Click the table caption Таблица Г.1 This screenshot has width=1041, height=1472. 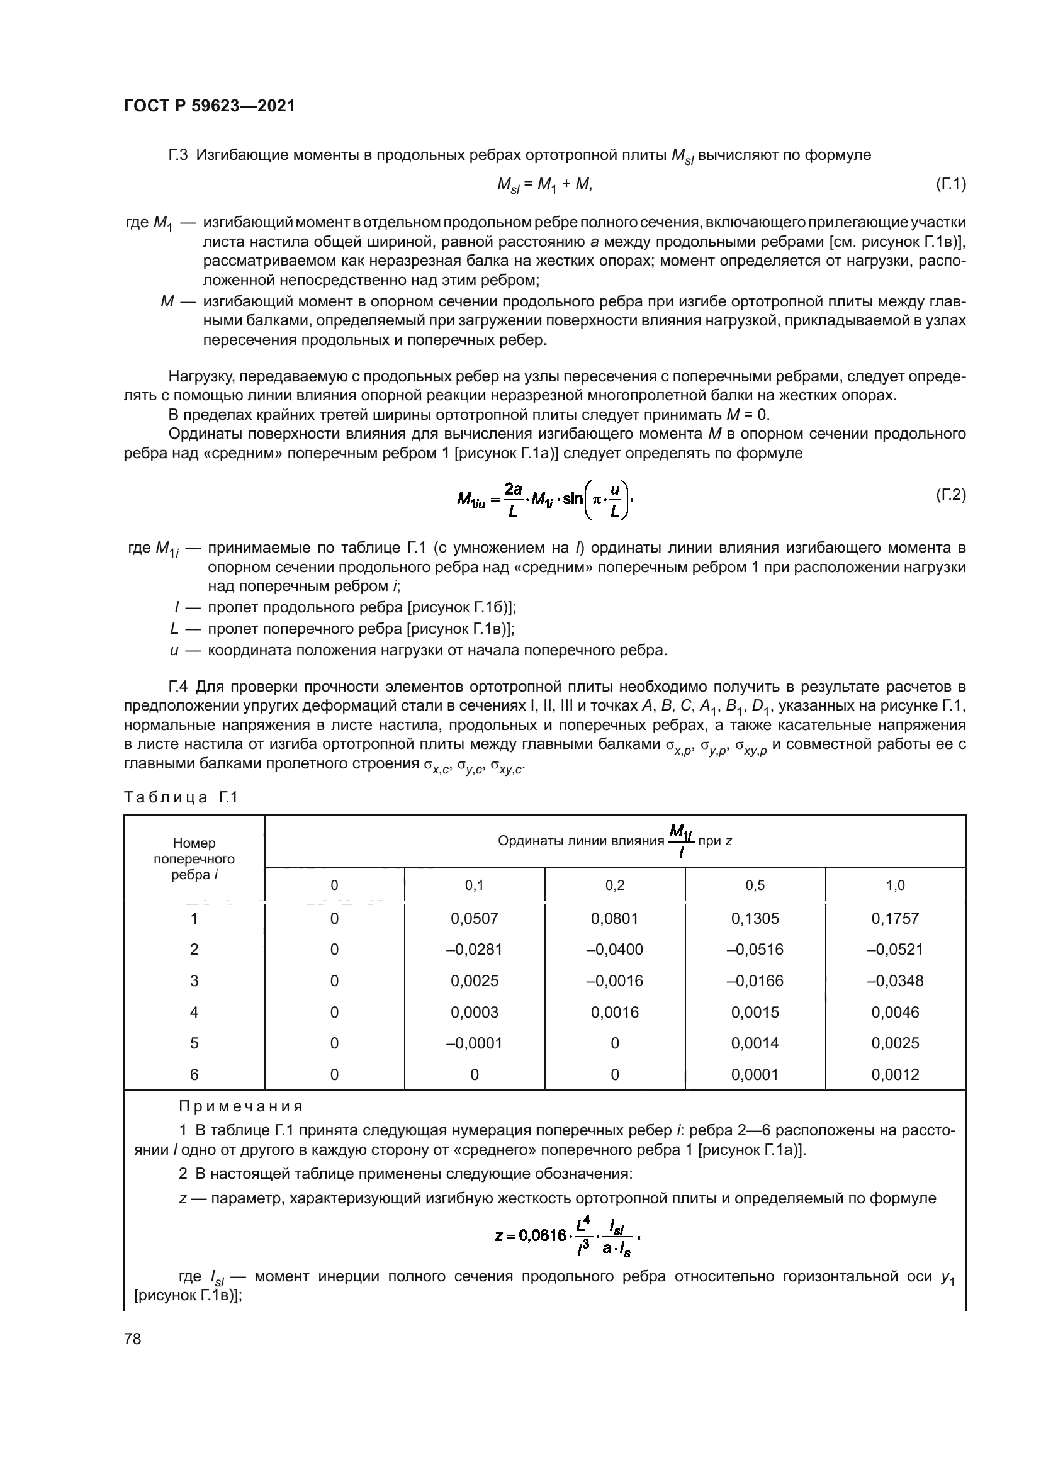click(181, 797)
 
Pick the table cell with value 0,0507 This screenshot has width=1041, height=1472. click(475, 919)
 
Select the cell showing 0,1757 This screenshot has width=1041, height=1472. click(895, 919)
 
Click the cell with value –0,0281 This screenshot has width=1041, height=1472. click(475, 950)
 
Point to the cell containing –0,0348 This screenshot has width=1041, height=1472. click(895, 981)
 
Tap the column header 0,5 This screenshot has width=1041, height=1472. click(755, 885)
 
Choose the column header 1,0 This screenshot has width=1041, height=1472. click(895, 885)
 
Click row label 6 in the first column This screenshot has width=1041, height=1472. click(194, 1074)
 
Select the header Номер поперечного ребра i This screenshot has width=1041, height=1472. click(194, 858)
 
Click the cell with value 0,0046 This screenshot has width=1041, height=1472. click(895, 1013)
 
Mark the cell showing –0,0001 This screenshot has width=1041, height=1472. click(475, 1043)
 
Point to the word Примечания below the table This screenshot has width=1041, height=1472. click(240, 1106)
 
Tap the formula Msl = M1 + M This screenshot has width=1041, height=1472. click(544, 184)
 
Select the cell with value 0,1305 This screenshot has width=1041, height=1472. click(755, 919)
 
